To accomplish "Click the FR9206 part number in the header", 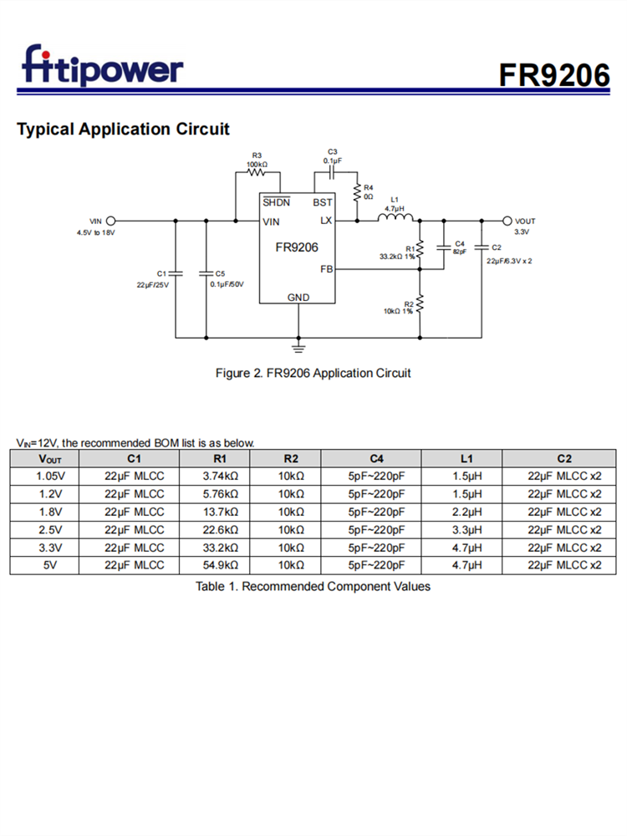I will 555,74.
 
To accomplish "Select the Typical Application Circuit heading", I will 123,130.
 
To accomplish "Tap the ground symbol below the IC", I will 298,345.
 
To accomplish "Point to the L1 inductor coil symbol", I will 395,220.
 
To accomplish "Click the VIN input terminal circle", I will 111,222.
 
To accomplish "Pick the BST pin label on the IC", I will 322,203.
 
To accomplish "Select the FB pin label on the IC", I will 326,269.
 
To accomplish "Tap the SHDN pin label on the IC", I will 276,203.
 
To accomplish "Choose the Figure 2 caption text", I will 313,373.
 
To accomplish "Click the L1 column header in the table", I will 466,459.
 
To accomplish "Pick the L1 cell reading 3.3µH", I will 466,530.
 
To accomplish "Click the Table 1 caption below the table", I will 313,587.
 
